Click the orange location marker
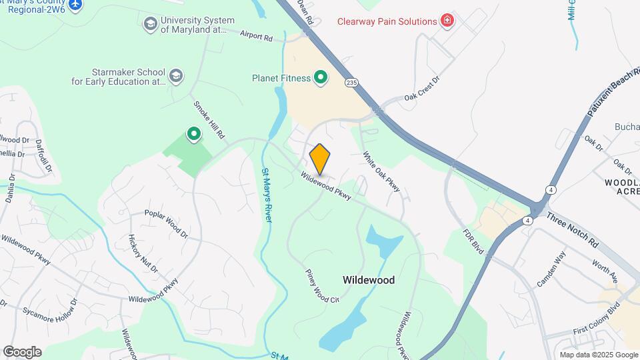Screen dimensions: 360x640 320,158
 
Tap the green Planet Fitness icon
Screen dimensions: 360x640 321,79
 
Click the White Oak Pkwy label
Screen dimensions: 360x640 381,172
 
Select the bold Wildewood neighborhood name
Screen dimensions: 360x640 369,281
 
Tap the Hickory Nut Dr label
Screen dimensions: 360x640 143,253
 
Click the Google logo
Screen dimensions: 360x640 22,352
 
